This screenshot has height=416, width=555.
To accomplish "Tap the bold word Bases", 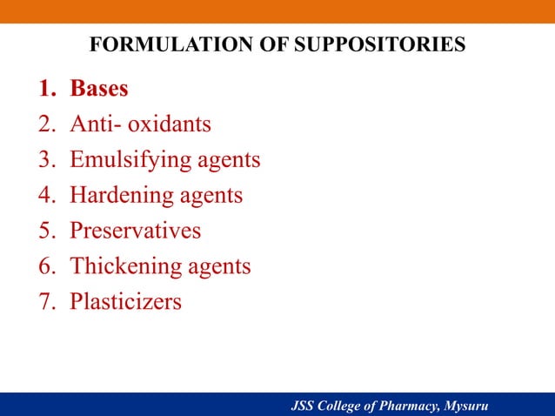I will [99, 89].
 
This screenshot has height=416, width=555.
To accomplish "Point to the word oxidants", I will [170, 124].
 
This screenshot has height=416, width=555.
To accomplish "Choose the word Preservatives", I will [135, 231].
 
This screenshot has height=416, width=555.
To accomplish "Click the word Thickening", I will [124, 266].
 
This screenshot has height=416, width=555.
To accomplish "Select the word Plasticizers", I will [126, 302].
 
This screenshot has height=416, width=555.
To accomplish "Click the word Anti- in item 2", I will [96, 124].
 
